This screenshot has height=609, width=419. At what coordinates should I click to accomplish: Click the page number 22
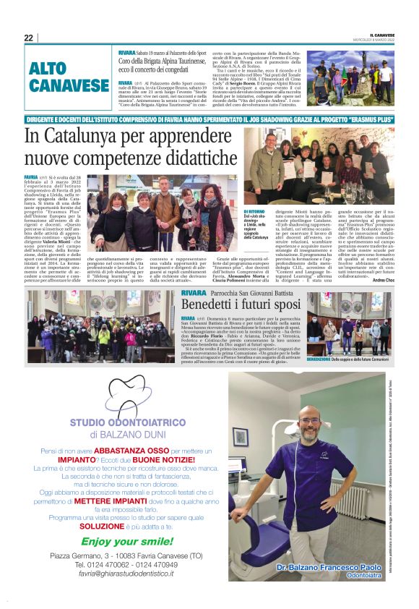(x=28, y=38)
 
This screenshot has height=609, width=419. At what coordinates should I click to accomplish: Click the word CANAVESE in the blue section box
(x=69, y=86)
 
